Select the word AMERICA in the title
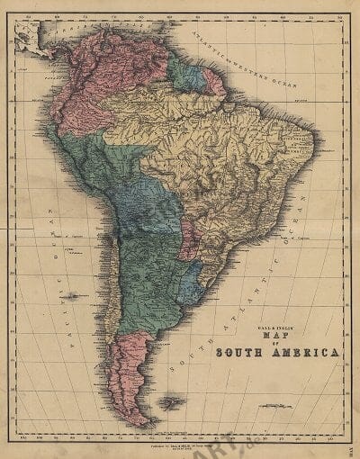click(x=308, y=351)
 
